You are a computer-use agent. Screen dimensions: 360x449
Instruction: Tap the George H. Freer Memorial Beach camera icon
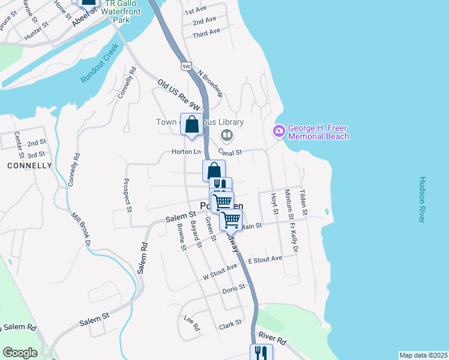click(279, 131)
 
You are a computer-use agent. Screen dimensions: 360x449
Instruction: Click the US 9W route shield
click(186, 64)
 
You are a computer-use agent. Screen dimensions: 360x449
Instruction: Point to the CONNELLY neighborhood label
click(29, 165)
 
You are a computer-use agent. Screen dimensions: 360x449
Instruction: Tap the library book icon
click(226, 134)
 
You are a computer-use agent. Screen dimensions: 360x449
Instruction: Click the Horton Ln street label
click(185, 152)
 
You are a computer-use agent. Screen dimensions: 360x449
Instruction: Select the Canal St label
click(230, 152)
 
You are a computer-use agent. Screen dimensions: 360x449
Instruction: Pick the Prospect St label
click(128, 195)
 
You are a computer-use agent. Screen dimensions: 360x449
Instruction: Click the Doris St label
click(234, 289)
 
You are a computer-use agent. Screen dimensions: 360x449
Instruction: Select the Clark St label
click(230, 323)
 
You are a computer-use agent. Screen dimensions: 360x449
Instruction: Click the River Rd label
click(273, 338)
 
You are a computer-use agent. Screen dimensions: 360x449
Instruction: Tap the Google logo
click(20, 353)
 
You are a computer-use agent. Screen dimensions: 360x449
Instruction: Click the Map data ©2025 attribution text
click(423, 355)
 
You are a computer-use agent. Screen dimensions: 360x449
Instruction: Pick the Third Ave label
click(206, 33)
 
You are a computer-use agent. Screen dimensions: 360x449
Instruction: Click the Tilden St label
click(304, 203)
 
